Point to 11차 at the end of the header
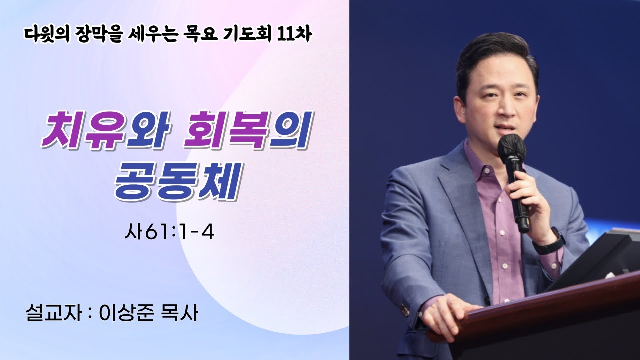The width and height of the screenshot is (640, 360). (x=295, y=35)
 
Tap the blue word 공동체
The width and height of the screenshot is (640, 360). (x=176, y=183)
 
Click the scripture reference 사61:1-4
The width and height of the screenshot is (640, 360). (x=169, y=233)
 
